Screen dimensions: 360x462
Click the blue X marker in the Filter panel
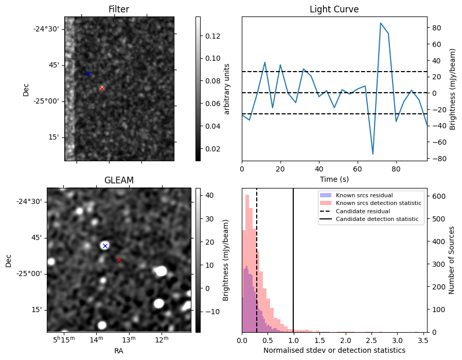(x=88, y=74)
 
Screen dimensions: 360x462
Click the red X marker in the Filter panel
(x=102, y=89)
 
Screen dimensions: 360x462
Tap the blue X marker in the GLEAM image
(x=105, y=246)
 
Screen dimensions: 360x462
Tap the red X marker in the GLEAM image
(x=119, y=260)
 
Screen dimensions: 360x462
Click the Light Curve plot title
(x=334, y=10)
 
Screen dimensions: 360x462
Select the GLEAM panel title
(x=119, y=180)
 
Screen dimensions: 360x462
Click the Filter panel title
(x=119, y=10)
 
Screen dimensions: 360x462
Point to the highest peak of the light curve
(x=381, y=23)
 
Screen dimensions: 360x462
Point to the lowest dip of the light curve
(x=373, y=154)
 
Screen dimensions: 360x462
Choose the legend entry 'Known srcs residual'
(x=364, y=195)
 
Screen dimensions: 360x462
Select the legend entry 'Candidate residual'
(x=364, y=211)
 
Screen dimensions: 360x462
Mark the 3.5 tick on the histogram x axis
(x=422, y=340)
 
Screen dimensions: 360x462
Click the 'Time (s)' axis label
(x=334, y=178)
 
